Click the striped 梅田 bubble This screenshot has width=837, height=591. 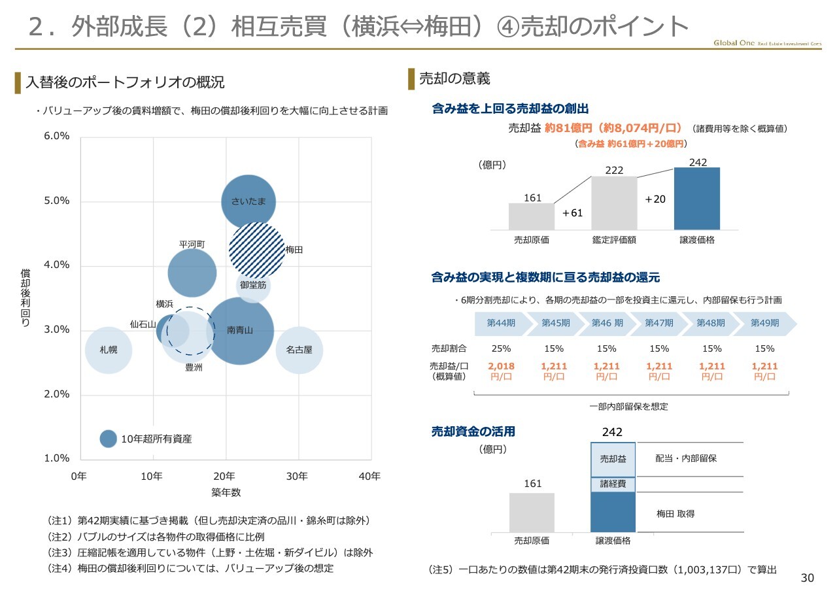pos(257,250)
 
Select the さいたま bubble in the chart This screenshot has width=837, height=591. pos(248,201)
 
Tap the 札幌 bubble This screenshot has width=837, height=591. pos(109,350)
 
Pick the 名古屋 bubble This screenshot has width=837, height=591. pos(299,350)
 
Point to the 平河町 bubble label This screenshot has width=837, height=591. pos(192,245)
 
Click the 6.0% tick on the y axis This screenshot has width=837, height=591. pos(57,137)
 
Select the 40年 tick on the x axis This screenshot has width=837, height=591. pos(370,476)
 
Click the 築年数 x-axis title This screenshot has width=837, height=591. pos(226,492)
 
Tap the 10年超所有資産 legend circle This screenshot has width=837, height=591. pos(109,439)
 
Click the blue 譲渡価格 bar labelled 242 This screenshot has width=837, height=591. pos(697,198)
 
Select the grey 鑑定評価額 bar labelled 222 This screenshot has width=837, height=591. pos(614,203)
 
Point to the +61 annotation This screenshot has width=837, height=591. pos(572,213)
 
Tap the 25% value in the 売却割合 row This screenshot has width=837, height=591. pos(501,348)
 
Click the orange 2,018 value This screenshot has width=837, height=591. pos(501,366)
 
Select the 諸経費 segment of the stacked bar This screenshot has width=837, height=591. pos(613,484)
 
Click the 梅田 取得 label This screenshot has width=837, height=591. pos(675,514)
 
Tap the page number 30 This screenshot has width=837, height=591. pos(808,578)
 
